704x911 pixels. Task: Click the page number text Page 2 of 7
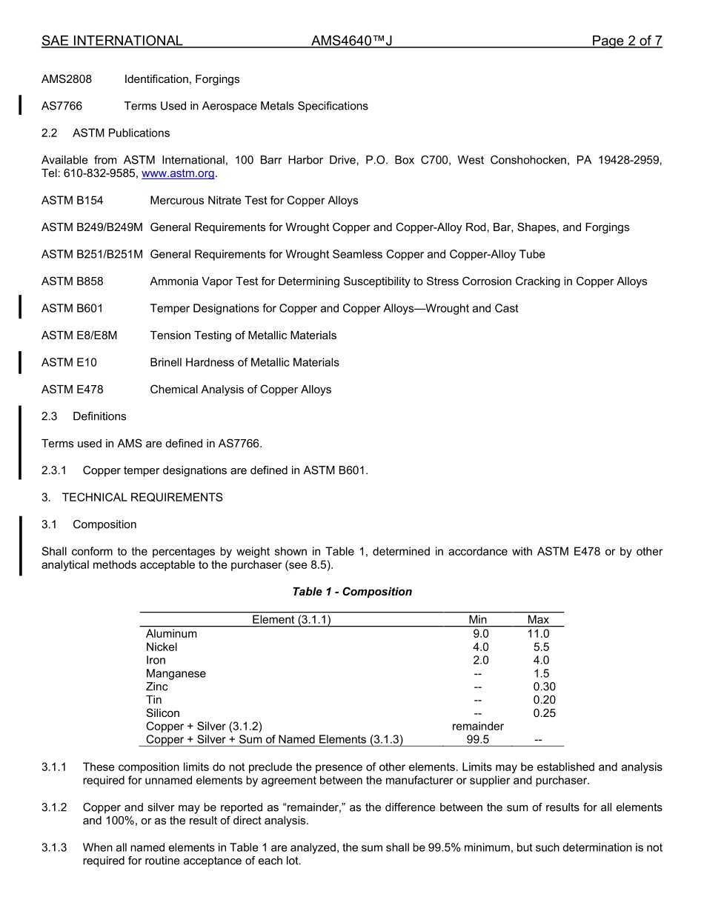626,41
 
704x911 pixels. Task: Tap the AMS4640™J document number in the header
351,41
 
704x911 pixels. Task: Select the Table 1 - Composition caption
352,592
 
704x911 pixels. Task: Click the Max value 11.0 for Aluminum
538,634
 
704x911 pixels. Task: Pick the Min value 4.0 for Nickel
480,647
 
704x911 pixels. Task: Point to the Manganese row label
176,674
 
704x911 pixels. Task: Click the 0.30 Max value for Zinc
544,687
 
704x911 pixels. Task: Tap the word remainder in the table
478,727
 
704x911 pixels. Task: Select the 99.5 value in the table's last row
478,740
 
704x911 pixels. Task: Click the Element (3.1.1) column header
291,620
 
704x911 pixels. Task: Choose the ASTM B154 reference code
73,201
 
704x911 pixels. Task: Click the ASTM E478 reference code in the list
73,390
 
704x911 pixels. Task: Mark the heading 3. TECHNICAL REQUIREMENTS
132,498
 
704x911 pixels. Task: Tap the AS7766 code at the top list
62,106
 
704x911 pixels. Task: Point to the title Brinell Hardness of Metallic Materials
245,363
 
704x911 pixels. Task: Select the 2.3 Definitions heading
84,416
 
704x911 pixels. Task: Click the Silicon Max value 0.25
544,713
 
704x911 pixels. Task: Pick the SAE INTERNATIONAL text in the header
112,41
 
